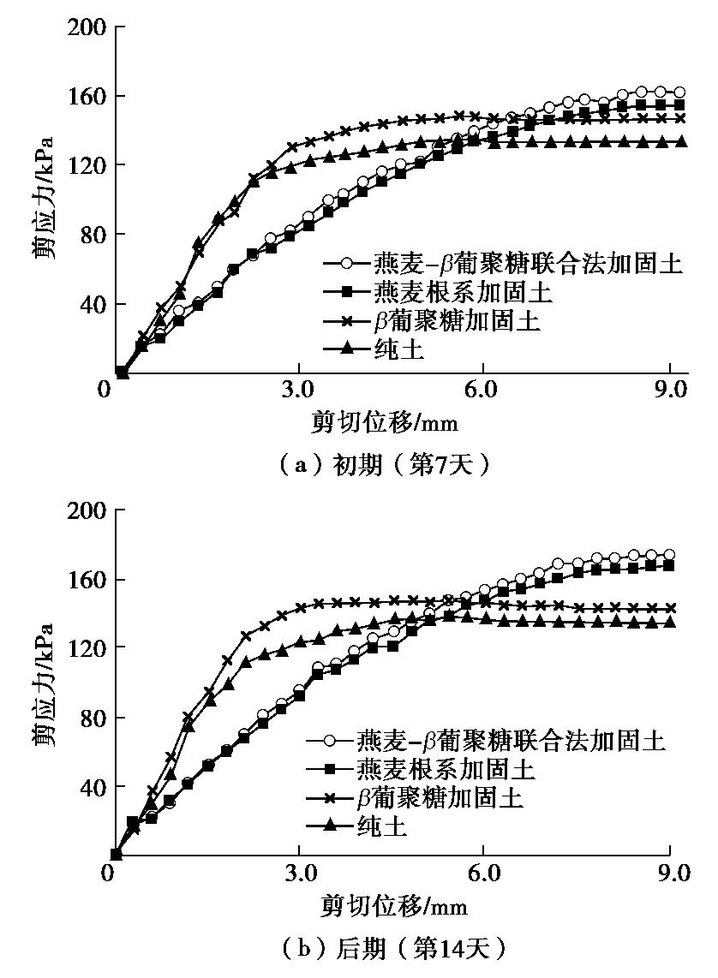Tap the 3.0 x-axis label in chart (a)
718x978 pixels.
[x=298, y=391]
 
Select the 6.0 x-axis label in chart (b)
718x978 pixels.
[x=482, y=874]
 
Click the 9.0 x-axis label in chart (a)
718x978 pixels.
[x=670, y=391]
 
